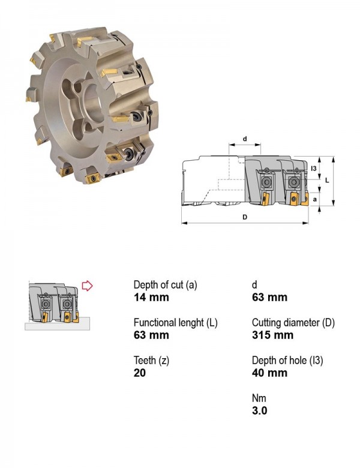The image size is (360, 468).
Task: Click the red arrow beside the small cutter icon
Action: pos(87,286)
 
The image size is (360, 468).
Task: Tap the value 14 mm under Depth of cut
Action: pos(151,297)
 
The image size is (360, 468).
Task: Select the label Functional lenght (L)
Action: pos(176,323)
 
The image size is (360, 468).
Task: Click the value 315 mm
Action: pos(272,335)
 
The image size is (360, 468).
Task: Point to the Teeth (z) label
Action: pos(151,361)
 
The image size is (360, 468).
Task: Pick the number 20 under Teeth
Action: pos(140,373)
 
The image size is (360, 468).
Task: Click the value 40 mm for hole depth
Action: pos(269,373)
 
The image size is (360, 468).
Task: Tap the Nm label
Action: pos(259,398)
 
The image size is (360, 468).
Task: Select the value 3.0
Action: pos(259,410)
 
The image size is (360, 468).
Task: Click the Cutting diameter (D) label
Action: pos(293,323)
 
